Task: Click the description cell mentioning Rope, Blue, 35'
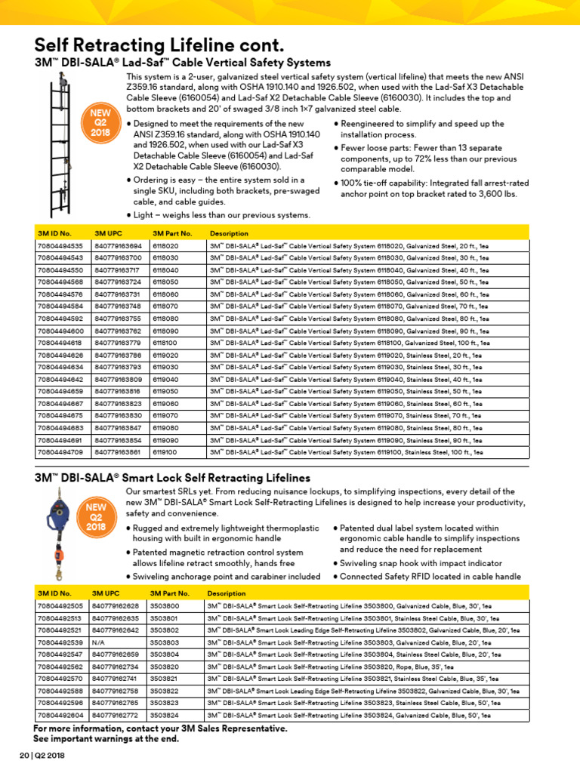click(x=331, y=667)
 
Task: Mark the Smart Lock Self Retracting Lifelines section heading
click(x=173, y=478)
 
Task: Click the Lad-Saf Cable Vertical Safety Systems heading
click(x=183, y=62)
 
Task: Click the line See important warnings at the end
click(x=106, y=738)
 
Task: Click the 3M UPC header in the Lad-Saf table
click(x=109, y=233)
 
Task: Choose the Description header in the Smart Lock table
click(x=227, y=593)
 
